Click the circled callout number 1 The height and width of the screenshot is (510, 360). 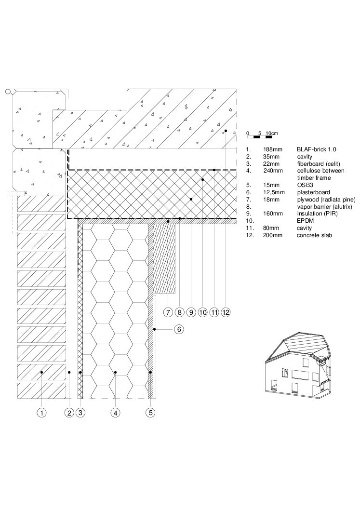41,413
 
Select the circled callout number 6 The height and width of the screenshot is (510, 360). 179,330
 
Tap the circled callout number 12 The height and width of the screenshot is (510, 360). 226,312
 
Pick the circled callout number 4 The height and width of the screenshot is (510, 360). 116,413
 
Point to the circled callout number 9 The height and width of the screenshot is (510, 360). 191,312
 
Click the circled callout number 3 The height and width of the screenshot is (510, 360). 80,413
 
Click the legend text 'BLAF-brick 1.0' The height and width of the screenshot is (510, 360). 317,149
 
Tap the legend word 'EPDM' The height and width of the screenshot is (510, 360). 305,221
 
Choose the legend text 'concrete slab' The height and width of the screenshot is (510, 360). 314,235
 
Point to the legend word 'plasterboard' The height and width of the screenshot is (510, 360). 314,192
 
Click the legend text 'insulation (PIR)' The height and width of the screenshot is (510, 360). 318,214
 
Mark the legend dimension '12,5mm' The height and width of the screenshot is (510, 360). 274,192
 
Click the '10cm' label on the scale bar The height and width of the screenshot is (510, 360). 272,134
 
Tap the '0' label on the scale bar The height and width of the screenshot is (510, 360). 248,134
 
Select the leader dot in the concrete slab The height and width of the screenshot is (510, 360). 226,131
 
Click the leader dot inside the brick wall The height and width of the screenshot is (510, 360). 41,372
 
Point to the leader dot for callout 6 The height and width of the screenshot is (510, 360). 155,330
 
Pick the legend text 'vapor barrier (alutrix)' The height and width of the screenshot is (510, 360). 324,206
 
